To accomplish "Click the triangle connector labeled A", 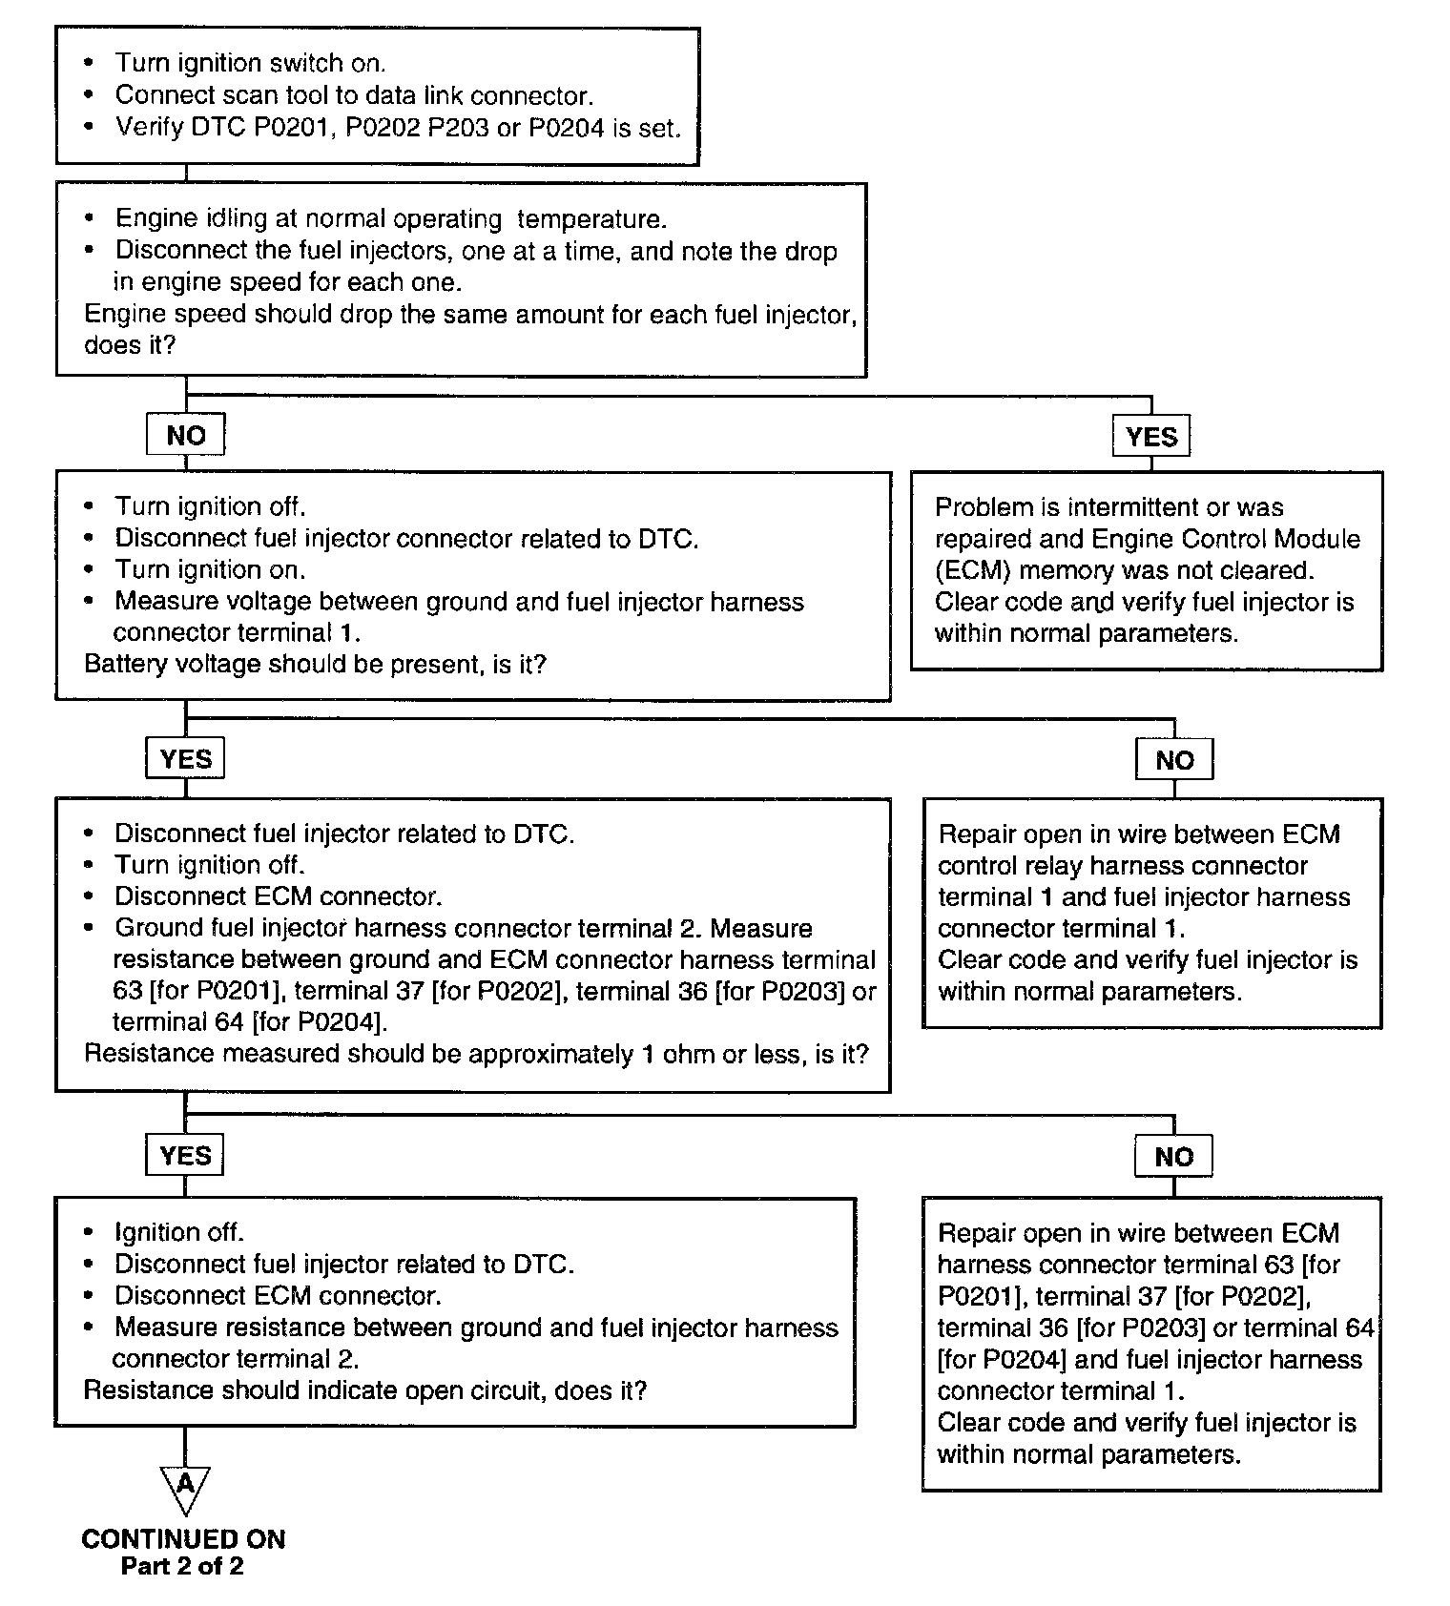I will pyautogui.click(x=185, y=1486).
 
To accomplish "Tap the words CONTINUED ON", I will pyautogui.click(x=183, y=1539).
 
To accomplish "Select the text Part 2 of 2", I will pyautogui.click(x=182, y=1567).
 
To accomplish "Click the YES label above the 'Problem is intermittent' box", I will pyautogui.click(x=1151, y=437).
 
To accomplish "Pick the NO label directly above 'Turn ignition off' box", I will pyautogui.click(x=185, y=435).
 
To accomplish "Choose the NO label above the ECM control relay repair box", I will pyautogui.click(x=1174, y=760).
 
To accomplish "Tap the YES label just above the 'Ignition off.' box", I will pyautogui.click(x=185, y=1156).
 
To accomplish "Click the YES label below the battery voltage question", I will pyautogui.click(x=185, y=759).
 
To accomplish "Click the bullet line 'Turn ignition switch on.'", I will pyautogui.click(x=250, y=63).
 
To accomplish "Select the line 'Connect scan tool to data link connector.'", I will pyautogui.click(x=354, y=95).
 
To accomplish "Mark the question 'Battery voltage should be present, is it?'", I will pyautogui.click(x=315, y=664).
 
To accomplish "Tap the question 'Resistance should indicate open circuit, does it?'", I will pyautogui.click(x=365, y=1390).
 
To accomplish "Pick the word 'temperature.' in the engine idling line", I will pyautogui.click(x=591, y=219).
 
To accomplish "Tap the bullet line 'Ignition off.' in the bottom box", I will pyautogui.click(x=179, y=1232).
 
